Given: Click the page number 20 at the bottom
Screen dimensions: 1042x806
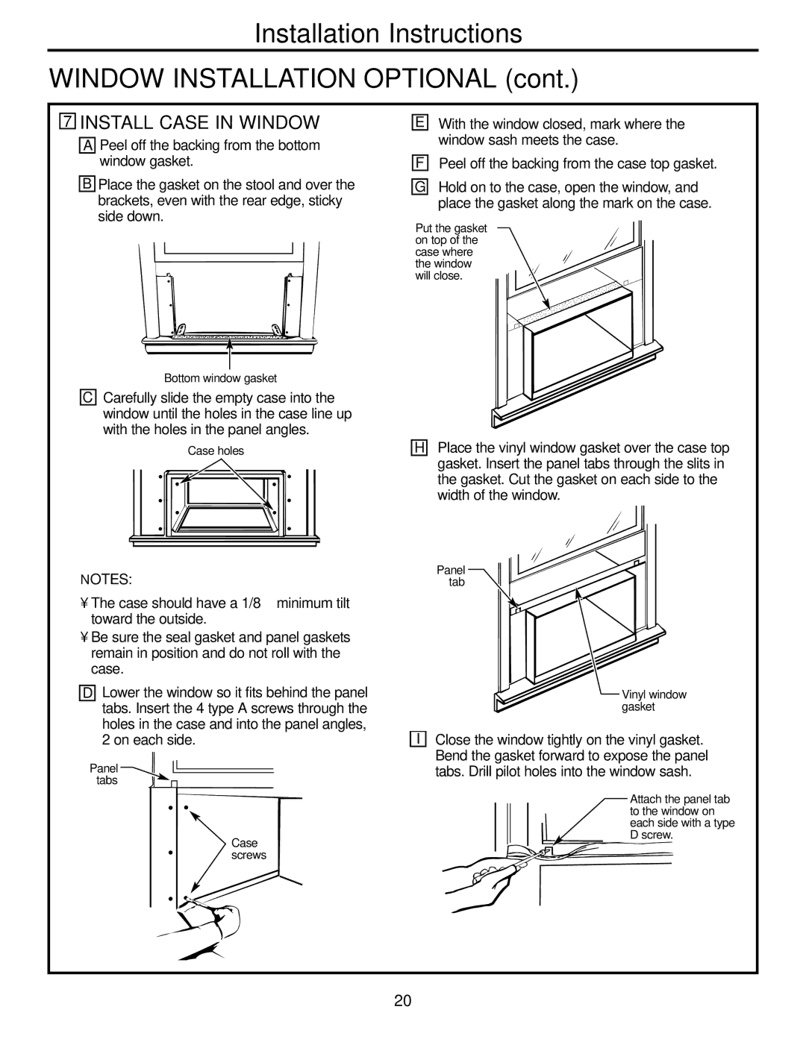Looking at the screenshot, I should [403, 1000].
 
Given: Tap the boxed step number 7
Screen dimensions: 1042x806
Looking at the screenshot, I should [68, 122].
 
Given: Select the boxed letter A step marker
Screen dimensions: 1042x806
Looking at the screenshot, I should [89, 145].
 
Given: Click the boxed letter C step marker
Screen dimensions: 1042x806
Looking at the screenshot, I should [89, 398].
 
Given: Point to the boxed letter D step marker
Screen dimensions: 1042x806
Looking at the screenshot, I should [89, 694].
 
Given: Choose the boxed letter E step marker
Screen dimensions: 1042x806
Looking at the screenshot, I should [421, 124].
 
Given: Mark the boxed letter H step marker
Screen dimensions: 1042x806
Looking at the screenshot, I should [421, 448].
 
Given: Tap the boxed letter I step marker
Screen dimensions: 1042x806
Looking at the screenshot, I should [421, 739].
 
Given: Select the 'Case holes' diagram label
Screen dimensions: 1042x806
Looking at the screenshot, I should [216, 451].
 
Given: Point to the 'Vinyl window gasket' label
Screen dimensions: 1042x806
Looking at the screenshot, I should [654, 700].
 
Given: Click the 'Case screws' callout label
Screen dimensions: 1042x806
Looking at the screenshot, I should [248, 849].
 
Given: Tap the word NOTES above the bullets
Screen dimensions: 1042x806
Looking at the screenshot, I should [107, 579].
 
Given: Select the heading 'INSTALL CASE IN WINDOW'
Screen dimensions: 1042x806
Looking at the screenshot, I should [200, 122].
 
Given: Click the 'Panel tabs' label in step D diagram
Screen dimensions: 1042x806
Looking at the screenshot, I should [104, 773].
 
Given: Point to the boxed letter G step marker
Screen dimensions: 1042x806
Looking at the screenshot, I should [421, 187].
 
